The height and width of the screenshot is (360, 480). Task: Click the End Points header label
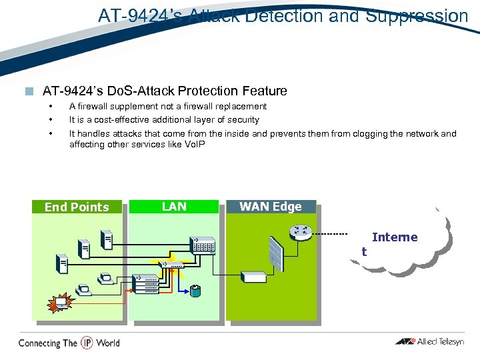[x=76, y=207]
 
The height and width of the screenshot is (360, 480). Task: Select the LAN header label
[x=174, y=207]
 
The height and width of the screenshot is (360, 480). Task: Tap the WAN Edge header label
[x=270, y=207]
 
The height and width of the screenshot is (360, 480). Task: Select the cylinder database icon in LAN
[x=195, y=291]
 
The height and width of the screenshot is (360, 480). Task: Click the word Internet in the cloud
[x=394, y=237]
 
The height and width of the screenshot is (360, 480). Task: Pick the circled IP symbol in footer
[x=87, y=343]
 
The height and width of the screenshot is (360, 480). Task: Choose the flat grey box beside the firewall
[x=253, y=277]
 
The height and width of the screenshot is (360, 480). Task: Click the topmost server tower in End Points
[x=105, y=239]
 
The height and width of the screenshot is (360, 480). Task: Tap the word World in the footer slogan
[x=107, y=343]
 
